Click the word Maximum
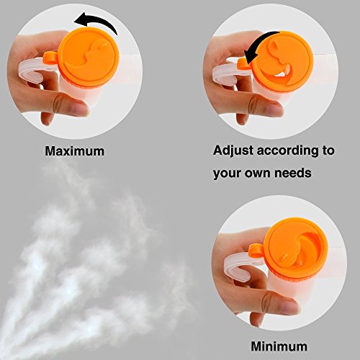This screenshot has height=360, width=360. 75,151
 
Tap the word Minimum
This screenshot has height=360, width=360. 279,346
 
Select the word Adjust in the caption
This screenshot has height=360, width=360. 233,151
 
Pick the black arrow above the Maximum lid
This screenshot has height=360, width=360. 96,22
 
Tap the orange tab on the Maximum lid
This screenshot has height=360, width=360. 50,58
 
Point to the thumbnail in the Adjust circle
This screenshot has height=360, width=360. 274,109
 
